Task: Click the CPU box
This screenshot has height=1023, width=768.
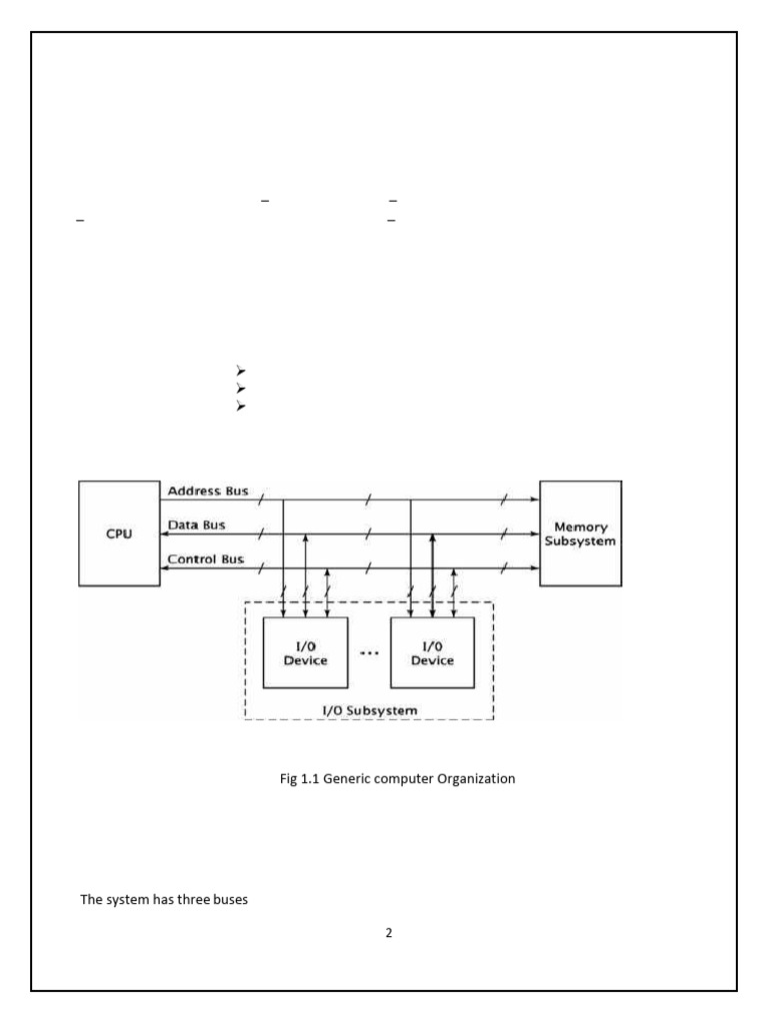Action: pyautogui.click(x=119, y=533)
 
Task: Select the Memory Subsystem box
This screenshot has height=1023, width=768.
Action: pyautogui.click(x=580, y=533)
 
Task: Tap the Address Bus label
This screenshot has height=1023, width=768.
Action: pyautogui.click(x=208, y=492)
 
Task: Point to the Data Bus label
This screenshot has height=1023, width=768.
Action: pyautogui.click(x=196, y=525)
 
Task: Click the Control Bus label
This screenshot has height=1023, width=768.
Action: pyautogui.click(x=206, y=559)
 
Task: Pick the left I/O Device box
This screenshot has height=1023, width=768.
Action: pyautogui.click(x=305, y=652)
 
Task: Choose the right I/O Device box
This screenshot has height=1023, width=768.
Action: pyautogui.click(x=432, y=652)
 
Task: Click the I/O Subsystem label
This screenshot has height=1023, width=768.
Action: pyautogui.click(x=369, y=708)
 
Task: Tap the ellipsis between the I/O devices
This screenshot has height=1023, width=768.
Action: pyautogui.click(x=369, y=652)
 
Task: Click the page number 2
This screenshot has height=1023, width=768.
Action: pyautogui.click(x=389, y=933)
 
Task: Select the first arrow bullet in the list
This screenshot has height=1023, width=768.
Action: pyautogui.click(x=241, y=372)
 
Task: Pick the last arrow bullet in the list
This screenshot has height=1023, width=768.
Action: pyautogui.click(x=241, y=407)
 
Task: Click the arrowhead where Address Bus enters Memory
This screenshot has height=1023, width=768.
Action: pyautogui.click(x=535, y=500)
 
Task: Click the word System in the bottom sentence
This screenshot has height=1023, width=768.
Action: pyautogui.click(x=125, y=899)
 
